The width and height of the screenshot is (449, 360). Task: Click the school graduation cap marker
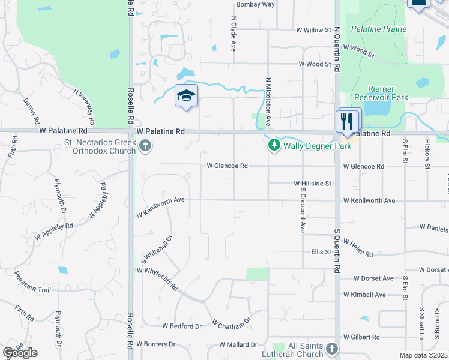tap(186, 95)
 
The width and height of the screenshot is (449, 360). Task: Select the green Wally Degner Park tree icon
tap(274, 145)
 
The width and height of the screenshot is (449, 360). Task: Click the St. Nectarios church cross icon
tap(145, 146)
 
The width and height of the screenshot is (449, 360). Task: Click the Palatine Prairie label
tap(379, 29)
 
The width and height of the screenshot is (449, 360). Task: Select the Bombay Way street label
tap(255, 4)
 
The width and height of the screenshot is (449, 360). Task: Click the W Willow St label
tap(313, 29)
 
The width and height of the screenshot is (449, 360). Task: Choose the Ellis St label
tap(321, 252)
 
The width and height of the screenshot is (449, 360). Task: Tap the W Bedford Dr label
tap(182, 326)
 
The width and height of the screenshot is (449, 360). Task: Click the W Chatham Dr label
tap(231, 323)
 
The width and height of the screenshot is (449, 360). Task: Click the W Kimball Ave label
tap(364, 295)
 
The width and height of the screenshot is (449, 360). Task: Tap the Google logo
tap(20, 353)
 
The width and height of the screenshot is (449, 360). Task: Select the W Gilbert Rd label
tap(361, 337)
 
